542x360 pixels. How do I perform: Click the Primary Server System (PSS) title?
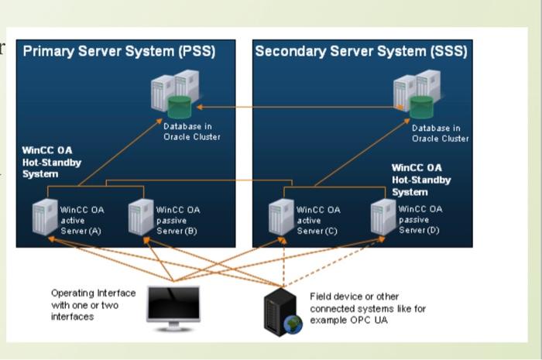[x=119, y=52]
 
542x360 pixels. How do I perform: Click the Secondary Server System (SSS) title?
[x=361, y=52]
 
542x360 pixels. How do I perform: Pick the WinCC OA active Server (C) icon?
[x=280, y=218]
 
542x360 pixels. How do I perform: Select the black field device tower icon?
[x=280, y=312]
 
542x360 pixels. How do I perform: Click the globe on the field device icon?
[x=293, y=325]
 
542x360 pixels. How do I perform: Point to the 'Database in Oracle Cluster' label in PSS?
[x=191, y=132]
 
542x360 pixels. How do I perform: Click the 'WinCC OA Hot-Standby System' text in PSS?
[x=51, y=163]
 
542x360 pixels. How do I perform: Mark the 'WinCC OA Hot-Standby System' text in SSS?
[x=420, y=180]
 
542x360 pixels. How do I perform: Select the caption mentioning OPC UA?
[x=368, y=308]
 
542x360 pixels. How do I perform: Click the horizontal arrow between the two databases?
[x=302, y=106]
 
